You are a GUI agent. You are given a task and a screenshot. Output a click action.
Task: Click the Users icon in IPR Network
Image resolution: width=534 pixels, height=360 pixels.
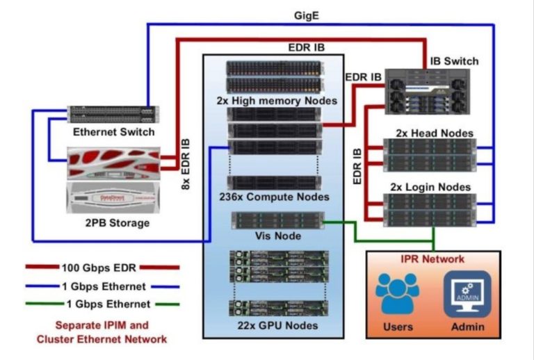pos(398,295)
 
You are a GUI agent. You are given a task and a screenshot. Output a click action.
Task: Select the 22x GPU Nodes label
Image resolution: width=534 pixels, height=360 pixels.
pos(278,325)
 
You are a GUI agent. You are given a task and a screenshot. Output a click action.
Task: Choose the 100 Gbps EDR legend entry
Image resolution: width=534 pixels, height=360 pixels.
pos(102,268)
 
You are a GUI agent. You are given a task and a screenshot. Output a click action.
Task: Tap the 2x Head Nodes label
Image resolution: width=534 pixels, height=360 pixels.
pos(435,133)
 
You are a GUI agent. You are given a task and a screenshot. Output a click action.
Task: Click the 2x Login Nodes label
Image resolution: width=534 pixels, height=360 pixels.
pos(433,187)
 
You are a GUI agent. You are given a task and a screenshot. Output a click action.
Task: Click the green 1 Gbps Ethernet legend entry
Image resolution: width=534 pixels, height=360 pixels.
pos(102,304)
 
